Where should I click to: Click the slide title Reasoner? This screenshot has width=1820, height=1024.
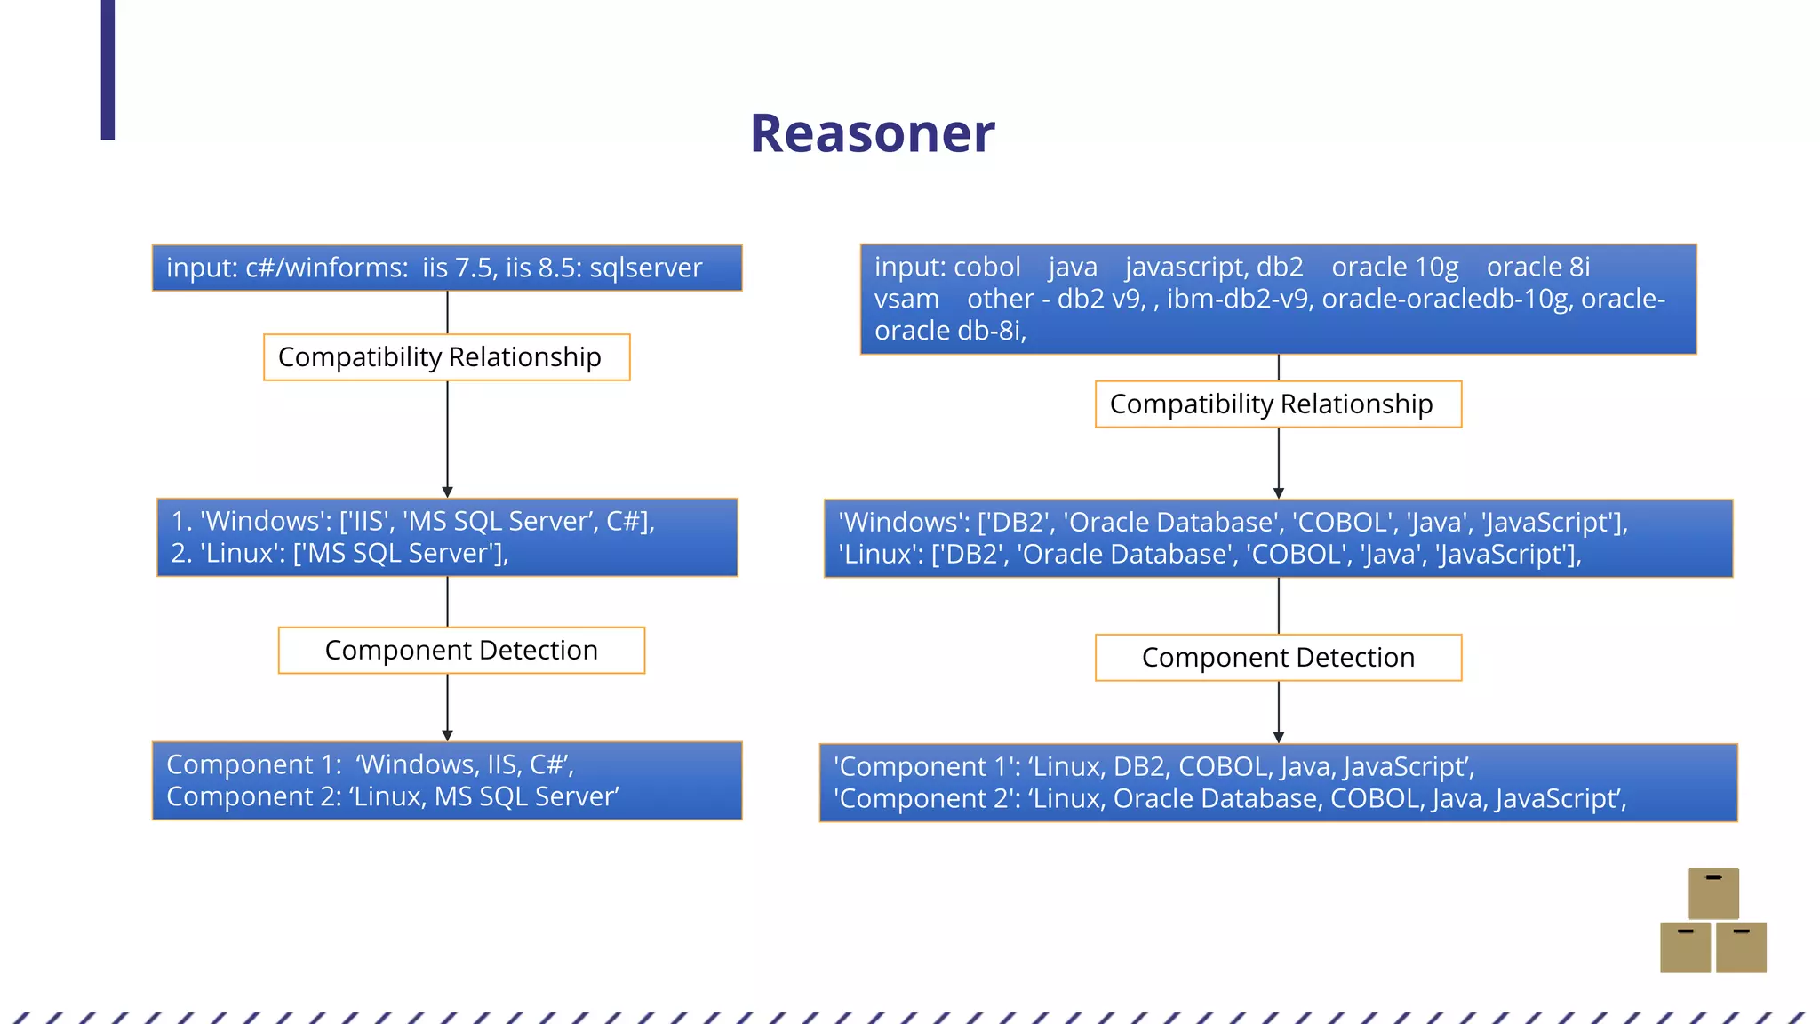872,134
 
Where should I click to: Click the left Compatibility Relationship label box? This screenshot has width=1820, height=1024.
446,357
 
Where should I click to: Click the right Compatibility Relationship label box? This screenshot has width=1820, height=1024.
1278,404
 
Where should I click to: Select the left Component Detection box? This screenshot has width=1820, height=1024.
461,651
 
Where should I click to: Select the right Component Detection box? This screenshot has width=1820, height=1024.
1278,658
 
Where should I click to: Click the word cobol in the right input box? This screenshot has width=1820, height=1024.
986,267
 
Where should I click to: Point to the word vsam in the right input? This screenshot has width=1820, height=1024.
906,299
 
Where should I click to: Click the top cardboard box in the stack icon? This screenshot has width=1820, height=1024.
1712,893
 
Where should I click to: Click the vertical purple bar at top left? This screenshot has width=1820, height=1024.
108,69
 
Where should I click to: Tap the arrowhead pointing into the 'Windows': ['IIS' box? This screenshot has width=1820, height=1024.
447,492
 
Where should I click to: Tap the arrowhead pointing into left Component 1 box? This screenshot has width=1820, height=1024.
447,735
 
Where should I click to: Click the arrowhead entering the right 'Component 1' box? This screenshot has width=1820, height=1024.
1278,737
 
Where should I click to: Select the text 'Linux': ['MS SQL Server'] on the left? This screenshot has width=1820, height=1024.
339,554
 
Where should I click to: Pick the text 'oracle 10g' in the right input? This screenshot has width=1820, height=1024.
1394,267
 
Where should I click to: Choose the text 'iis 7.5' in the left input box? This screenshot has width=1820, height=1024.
459,268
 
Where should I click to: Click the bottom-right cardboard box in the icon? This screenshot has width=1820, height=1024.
1740,948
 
